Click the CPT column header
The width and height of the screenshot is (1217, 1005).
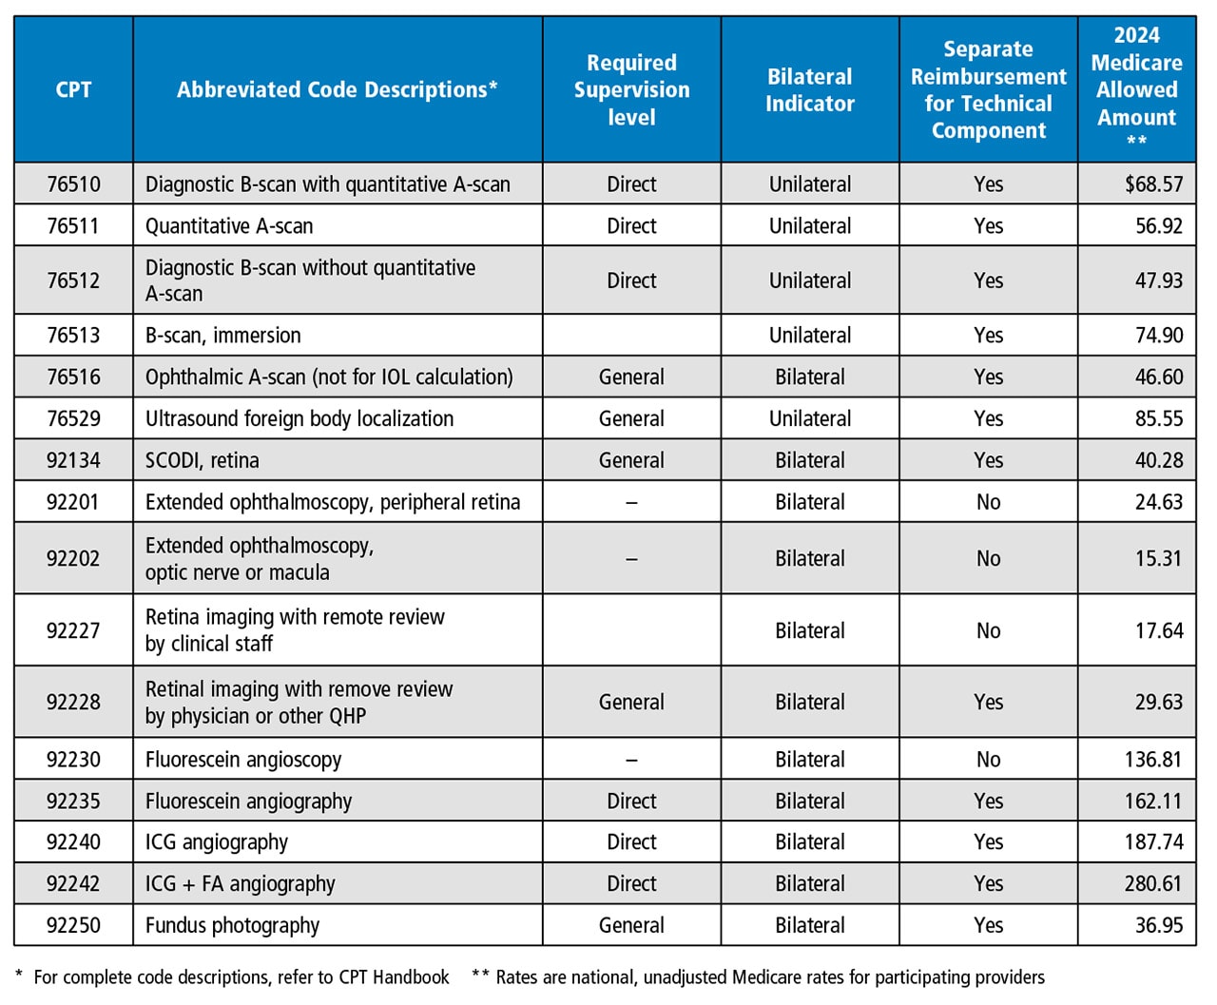73,89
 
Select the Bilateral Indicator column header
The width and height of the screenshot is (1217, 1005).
810,89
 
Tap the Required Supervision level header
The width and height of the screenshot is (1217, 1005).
631,89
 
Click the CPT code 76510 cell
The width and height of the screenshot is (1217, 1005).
73,184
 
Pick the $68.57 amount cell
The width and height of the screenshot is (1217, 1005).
1153,184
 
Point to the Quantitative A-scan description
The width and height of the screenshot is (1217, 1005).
229,226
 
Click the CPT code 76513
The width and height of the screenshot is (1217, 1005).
73,335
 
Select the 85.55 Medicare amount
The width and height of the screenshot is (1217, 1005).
1159,418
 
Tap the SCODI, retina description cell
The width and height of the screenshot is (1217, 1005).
203,460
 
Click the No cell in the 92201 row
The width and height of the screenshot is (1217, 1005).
988,502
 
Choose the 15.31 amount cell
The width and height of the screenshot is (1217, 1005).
1159,558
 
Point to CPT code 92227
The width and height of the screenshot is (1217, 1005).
73,630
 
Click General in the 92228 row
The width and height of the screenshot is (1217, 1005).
631,702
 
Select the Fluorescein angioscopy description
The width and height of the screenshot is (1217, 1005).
243,760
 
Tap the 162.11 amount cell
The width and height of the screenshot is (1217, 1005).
1153,801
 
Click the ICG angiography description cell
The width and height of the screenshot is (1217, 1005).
217,842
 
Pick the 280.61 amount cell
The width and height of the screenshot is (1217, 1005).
1153,883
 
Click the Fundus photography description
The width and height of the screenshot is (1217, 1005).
233,925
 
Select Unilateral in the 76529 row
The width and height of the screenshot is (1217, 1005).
810,418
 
